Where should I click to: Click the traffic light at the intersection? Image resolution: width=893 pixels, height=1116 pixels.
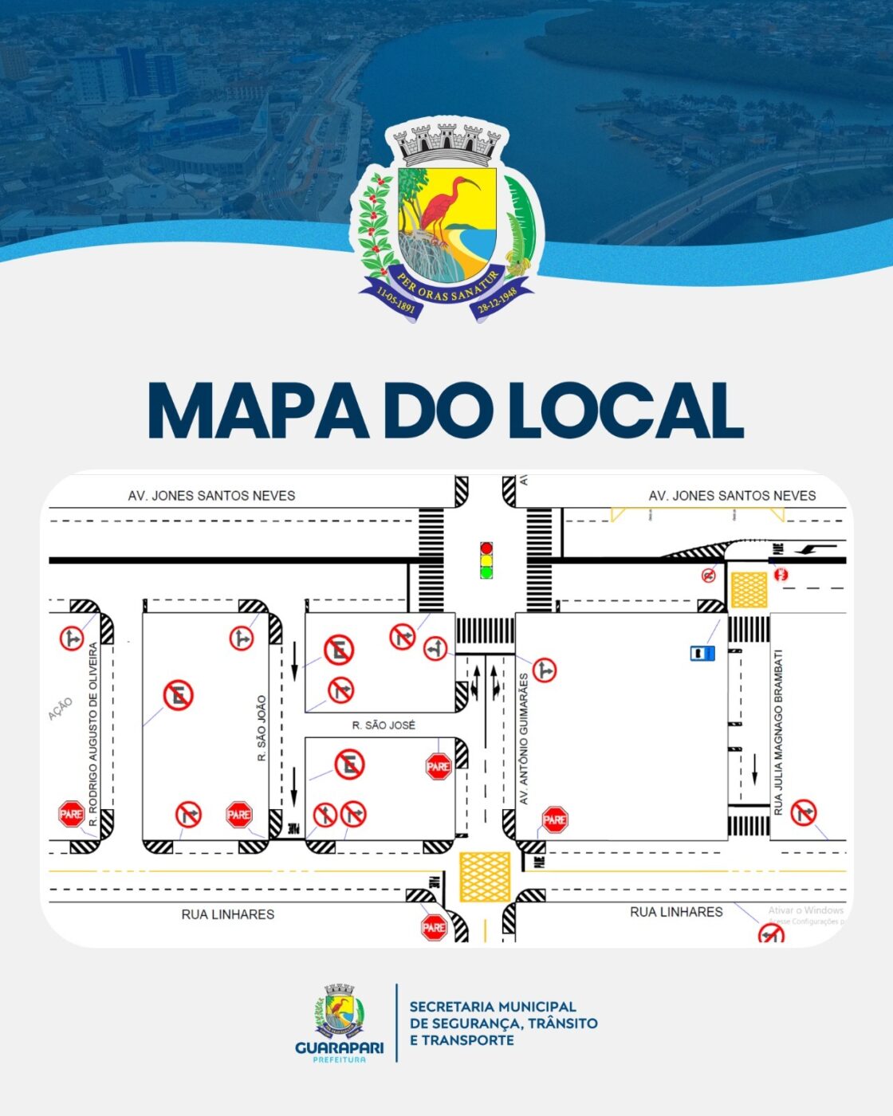pyautogui.click(x=486, y=560)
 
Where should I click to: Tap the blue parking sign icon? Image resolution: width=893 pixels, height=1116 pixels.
pyautogui.click(x=702, y=654)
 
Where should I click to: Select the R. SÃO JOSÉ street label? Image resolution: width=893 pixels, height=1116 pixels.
pyautogui.click(x=384, y=725)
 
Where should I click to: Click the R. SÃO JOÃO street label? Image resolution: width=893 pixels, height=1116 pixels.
pyautogui.click(x=262, y=728)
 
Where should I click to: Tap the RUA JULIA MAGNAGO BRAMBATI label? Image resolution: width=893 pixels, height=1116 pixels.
pyautogui.click(x=779, y=732)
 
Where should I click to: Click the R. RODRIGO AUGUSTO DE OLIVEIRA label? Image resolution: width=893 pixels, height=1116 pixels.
pyautogui.click(x=93, y=733)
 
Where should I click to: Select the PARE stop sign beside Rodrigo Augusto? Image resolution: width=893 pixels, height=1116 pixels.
pyautogui.click(x=72, y=814)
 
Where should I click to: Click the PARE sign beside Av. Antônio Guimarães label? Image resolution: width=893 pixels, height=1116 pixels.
pyautogui.click(x=554, y=819)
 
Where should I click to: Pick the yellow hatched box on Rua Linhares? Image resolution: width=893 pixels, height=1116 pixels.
pyautogui.click(x=485, y=877)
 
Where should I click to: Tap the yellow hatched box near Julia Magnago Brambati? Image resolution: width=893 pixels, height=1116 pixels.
pyautogui.click(x=749, y=589)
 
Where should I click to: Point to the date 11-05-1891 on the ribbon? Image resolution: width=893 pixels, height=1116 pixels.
pyautogui.click(x=395, y=301)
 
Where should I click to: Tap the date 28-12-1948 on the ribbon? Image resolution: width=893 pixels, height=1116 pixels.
pyautogui.click(x=497, y=301)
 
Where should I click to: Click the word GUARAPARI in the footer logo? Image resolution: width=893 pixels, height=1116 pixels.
pyautogui.click(x=339, y=1047)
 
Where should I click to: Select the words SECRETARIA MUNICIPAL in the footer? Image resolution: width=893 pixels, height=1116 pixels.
pyautogui.click(x=492, y=1007)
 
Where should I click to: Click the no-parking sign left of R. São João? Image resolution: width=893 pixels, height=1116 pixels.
pyautogui.click(x=178, y=696)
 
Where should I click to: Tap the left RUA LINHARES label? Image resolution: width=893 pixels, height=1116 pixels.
pyautogui.click(x=227, y=914)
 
